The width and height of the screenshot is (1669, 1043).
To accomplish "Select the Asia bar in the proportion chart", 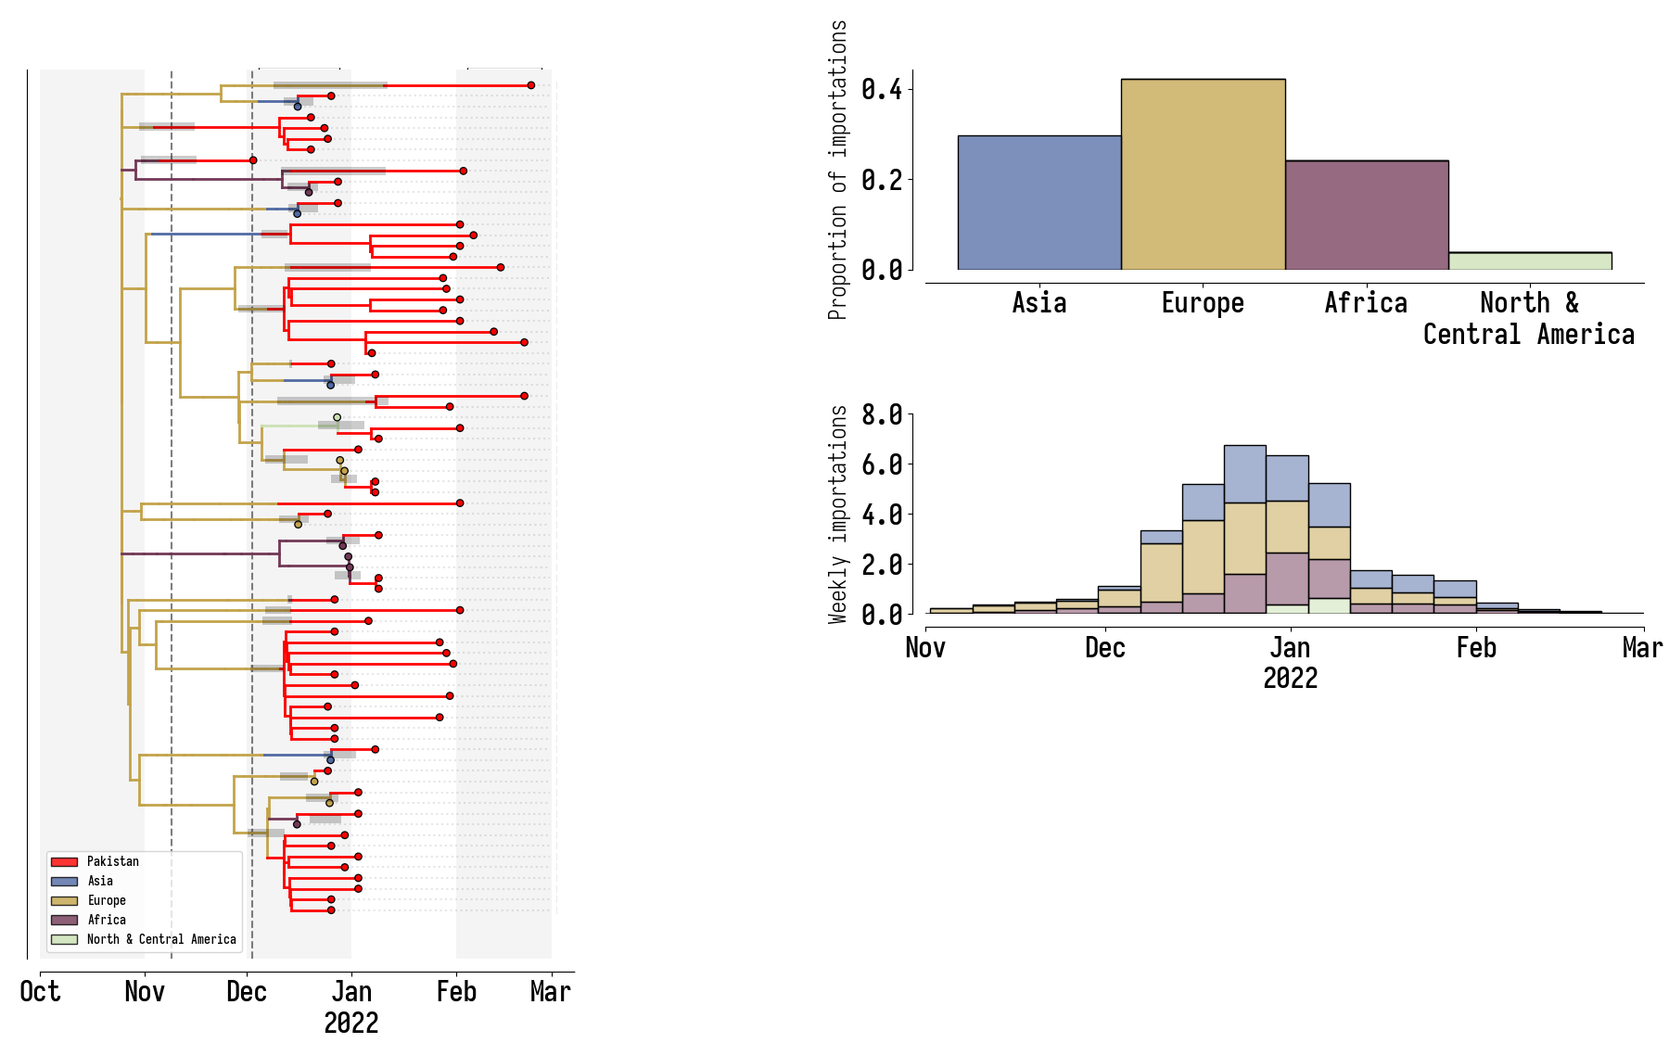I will pyautogui.click(x=1039, y=203).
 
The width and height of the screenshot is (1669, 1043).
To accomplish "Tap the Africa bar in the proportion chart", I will pyautogui.click(x=1366, y=215).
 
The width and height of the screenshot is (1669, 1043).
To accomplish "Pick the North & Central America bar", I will pyautogui.click(x=1530, y=261).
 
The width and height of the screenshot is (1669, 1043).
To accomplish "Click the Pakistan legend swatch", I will pyautogui.click(x=64, y=862).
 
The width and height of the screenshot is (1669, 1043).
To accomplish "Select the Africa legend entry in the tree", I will pyautogui.click(x=107, y=920).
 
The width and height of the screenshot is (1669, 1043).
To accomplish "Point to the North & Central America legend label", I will pyautogui.click(x=161, y=939).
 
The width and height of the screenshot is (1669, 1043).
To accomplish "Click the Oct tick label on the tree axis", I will pyautogui.click(x=40, y=992).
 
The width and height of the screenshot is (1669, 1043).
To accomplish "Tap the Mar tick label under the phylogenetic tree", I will pyautogui.click(x=551, y=992).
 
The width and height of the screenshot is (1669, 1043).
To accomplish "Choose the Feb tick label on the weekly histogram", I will pyautogui.click(x=1476, y=647).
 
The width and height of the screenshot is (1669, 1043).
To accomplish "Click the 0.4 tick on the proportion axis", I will pyautogui.click(x=881, y=90).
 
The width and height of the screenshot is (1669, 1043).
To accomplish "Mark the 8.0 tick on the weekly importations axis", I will pyautogui.click(x=881, y=414).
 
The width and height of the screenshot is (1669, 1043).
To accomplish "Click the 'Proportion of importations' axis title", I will pyautogui.click(x=838, y=170).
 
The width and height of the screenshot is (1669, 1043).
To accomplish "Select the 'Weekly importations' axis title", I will pyautogui.click(x=838, y=515).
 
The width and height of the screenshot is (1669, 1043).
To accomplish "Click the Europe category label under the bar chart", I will pyautogui.click(x=1203, y=303).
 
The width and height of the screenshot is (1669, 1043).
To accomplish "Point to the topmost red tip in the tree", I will pyautogui.click(x=531, y=85).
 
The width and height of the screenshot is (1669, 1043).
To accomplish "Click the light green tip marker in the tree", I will pyautogui.click(x=337, y=417).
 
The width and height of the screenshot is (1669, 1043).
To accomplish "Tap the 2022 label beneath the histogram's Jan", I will pyautogui.click(x=1290, y=679).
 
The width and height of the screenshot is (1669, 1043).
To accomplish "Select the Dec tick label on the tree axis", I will pyautogui.click(x=247, y=992).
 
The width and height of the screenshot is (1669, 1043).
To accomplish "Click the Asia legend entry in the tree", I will pyautogui.click(x=100, y=881).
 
